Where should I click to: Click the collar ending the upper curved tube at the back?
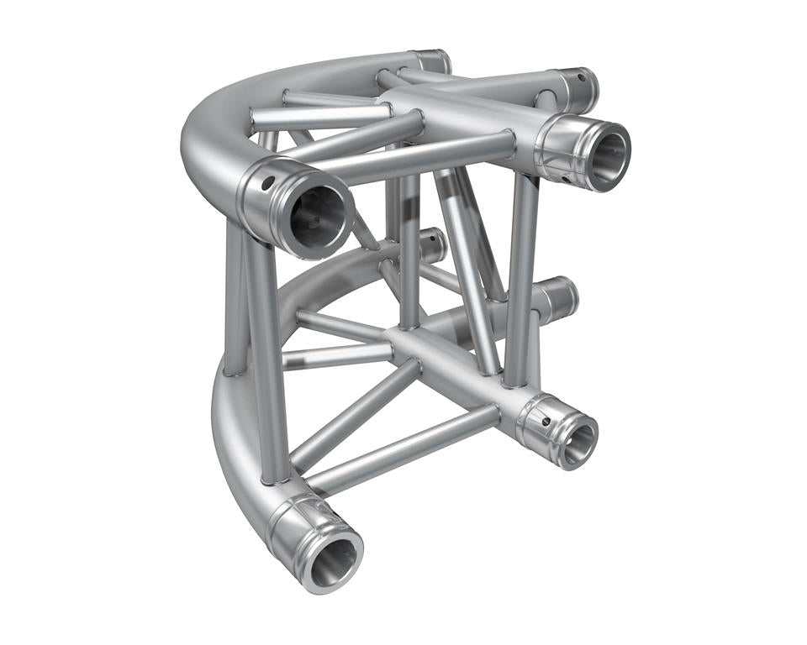(432, 61)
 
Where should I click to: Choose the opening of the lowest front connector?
(330, 558)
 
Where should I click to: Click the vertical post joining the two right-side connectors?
(520, 277)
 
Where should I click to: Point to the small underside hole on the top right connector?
(566, 179)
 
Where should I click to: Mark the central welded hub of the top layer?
(403, 109)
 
